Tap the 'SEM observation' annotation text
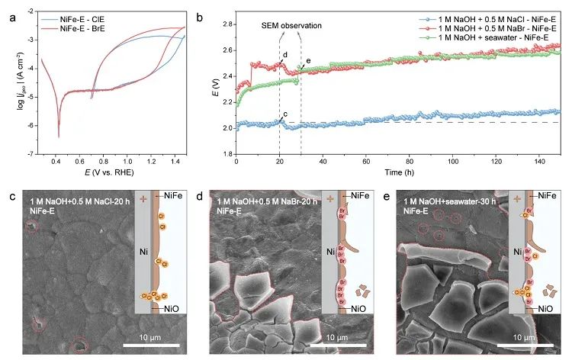[290, 26]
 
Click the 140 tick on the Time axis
[541, 162]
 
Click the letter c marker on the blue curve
[285, 114]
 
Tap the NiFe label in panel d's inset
[352, 196]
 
